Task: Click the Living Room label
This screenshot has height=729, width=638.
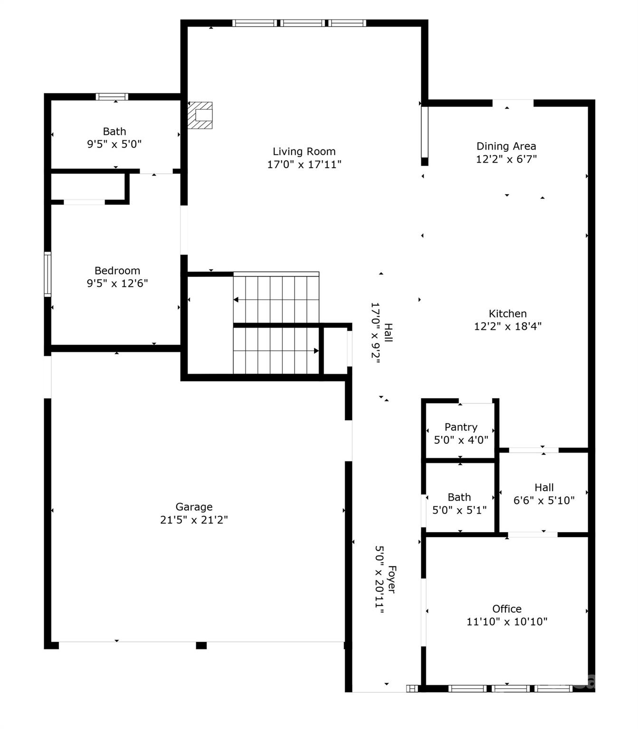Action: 304,151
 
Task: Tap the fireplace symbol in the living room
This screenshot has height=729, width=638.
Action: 200,115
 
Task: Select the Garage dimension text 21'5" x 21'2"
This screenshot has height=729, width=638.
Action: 194,520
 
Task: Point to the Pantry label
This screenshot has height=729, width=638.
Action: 461,427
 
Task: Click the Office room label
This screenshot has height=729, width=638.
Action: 507,608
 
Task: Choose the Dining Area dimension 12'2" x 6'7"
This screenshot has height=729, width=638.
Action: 506,159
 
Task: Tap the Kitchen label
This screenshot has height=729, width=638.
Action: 507,314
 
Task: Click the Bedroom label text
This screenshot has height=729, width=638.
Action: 117,271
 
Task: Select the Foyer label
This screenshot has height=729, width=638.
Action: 392,579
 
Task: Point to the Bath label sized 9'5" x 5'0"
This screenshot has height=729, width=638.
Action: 114,131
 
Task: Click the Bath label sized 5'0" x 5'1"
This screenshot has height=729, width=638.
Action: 459,497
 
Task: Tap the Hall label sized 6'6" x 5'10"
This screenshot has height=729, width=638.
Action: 544,487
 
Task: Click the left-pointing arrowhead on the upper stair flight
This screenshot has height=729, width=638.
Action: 236,299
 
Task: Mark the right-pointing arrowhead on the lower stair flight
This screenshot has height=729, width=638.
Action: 316,351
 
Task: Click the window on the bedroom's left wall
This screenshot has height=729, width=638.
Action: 48,274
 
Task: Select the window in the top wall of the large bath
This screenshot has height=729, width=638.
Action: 112,96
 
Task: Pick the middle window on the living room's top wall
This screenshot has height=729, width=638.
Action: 303,23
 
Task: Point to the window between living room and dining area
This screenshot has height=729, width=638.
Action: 424,132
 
